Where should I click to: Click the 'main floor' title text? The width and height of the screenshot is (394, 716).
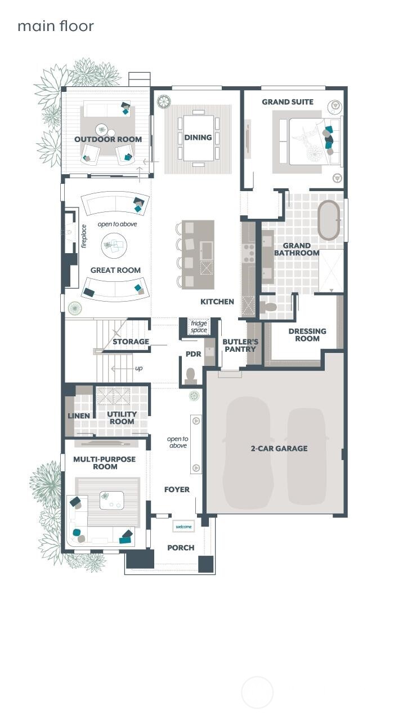point(56,26)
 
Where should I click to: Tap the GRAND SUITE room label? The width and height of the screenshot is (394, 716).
point(288,102)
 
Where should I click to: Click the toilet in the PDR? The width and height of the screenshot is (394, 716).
point(190,376)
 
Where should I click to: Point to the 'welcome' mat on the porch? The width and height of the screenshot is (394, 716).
point(183,527)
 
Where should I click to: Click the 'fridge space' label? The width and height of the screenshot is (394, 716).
point(199,326)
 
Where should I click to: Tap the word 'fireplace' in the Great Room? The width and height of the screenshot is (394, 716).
point(84,236)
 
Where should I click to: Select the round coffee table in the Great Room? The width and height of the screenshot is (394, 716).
point(114,245)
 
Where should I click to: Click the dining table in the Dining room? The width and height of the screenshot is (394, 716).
point(199,138)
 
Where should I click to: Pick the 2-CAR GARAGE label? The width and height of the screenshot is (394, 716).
point(279,448)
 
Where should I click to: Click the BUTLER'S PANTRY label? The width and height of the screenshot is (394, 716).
point(240,346)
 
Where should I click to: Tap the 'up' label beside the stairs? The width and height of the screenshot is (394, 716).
point(139,368)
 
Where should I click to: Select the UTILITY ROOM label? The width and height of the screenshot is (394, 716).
point(122,418)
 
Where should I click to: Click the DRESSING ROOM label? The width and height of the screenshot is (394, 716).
point(307,335)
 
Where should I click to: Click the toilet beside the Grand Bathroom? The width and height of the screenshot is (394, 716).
point(268,307)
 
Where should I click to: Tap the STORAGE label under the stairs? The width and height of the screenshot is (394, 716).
point(131,342)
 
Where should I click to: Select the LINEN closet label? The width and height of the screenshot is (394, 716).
point(78,416)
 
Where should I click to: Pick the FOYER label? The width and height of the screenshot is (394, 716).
point(177,489)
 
